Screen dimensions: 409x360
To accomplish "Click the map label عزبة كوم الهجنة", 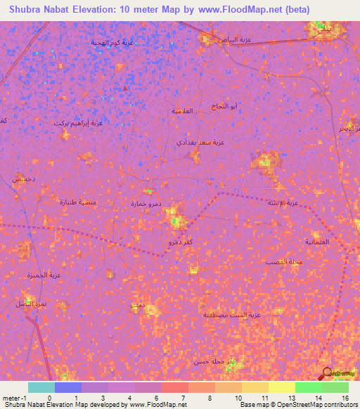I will tap(111, 43).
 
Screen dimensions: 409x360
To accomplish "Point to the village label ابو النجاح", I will tap(224, 107).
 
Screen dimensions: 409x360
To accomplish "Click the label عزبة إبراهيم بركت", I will tap(78, 123).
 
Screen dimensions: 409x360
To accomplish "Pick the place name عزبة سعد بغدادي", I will tap(200, 142).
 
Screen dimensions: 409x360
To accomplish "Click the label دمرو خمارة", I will tap(146, 204).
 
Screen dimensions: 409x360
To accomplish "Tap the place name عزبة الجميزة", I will tap(32, 275).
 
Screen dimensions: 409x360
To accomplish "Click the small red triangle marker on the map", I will tap(125, 88).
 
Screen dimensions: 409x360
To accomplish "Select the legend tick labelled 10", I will tap(238, 398).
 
